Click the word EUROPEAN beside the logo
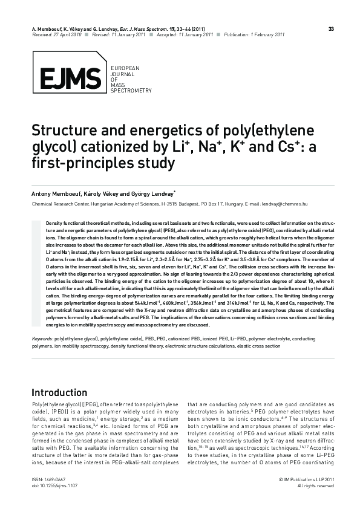coord(123,66)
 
